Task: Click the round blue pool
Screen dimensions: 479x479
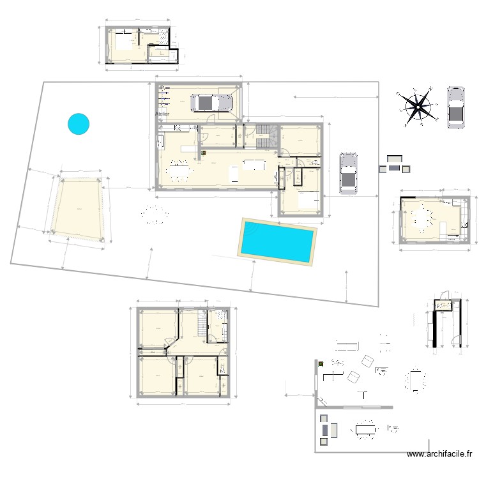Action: (x=79, y=123)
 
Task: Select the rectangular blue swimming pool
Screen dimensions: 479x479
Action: (x=277, y=240)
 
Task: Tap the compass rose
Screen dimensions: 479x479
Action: (x=417, y=106)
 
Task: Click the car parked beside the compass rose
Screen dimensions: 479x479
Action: (x=455, y=107)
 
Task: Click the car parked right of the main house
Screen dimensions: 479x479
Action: (x=349, y=174)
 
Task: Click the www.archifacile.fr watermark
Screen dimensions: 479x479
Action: (x=439, y=454)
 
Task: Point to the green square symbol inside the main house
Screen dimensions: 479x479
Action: (x=204, y=153)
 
